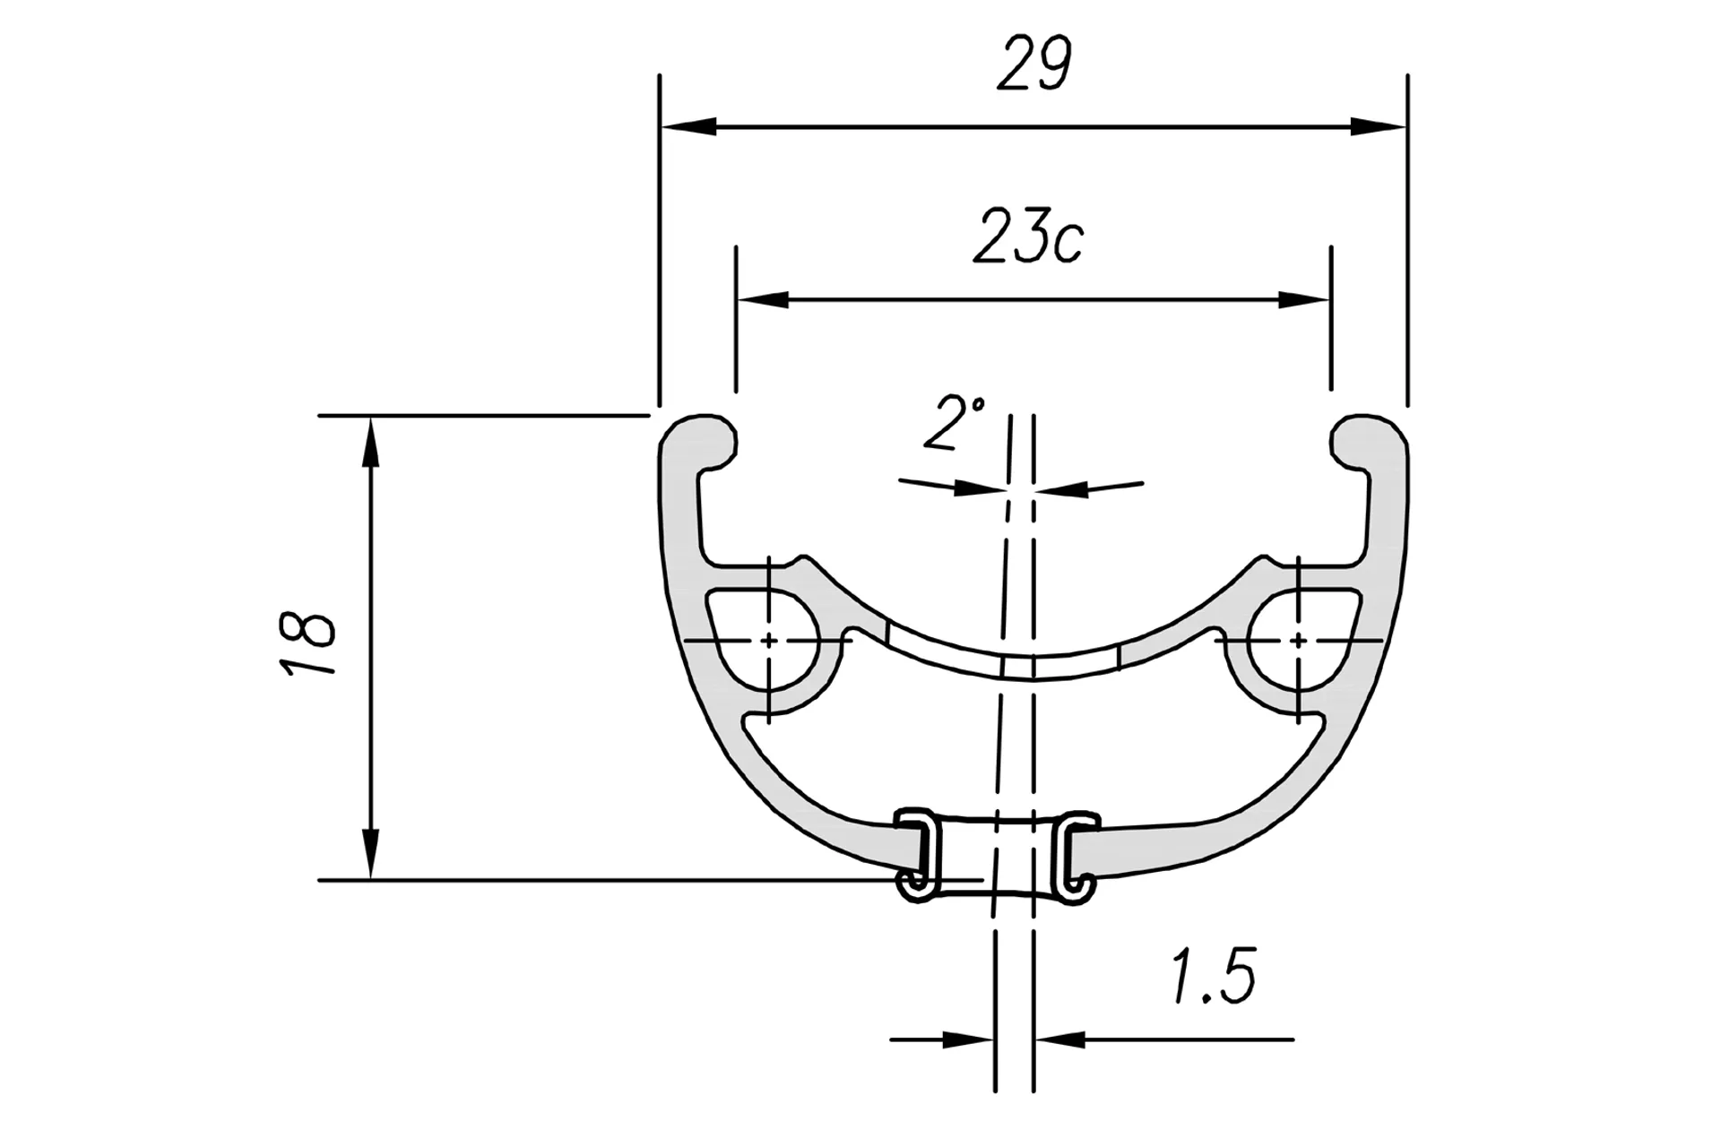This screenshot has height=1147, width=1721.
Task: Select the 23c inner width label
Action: pos(1028,236)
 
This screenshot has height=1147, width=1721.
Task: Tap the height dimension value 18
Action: pos(307,642)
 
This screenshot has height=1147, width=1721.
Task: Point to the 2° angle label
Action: pos(954,423)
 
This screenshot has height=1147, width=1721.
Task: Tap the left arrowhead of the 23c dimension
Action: pos(763,299)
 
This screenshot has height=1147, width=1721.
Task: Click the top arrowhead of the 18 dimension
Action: pos(370,444)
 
